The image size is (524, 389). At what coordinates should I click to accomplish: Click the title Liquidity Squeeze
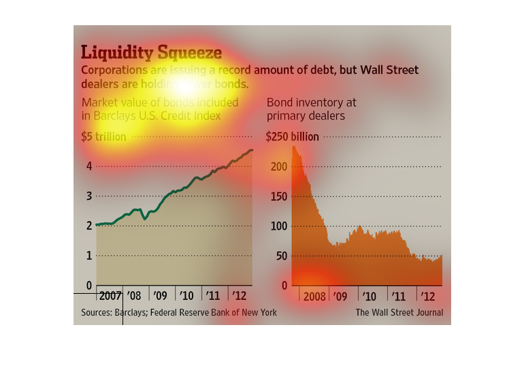[151, 52]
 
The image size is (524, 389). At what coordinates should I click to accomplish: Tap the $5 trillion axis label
[103, 137]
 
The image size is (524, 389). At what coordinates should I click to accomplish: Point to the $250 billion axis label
[293, 137]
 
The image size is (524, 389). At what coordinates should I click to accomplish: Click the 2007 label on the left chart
[109, 297]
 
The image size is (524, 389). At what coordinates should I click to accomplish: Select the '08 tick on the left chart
[135, 297]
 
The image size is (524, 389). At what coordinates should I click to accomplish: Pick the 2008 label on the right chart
[314, 297]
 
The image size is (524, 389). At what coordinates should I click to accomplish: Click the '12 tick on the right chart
[428, 297]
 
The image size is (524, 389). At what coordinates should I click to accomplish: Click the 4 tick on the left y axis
[88, 166]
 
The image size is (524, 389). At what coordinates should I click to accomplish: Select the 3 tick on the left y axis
[88, 196]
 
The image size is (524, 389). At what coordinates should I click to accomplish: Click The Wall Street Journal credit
[399, 313]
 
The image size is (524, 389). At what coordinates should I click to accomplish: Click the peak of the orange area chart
[295, 146]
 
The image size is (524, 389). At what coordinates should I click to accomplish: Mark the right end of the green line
[252, 150]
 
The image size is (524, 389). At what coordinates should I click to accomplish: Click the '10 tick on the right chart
[370, 297]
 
